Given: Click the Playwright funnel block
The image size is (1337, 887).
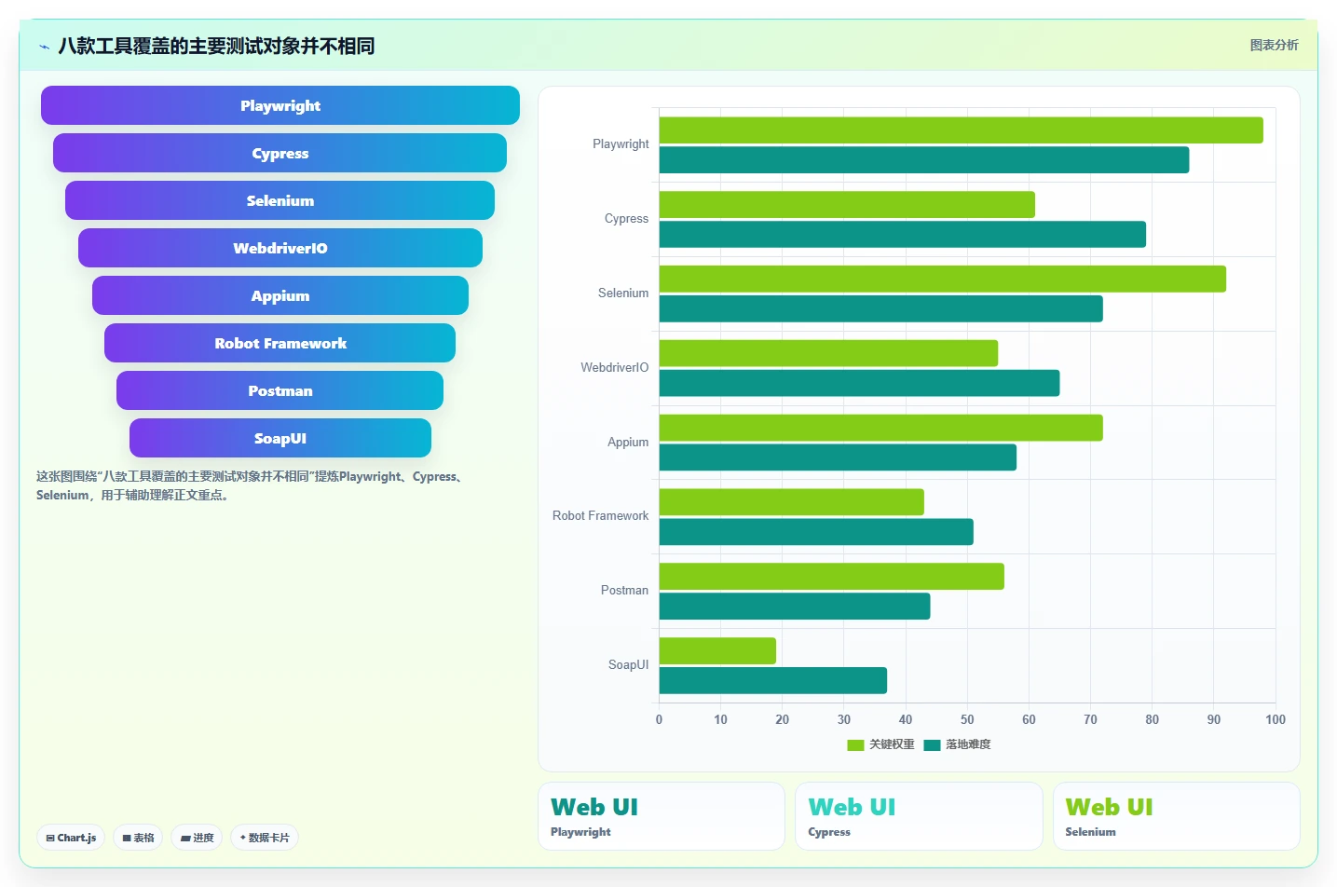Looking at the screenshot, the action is [280, 105].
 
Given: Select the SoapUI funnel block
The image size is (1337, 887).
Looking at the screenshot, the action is [280, 438].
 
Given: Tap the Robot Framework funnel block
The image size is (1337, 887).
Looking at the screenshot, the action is [280, 343].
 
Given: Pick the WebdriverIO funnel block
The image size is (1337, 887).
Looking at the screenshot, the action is [280, 248].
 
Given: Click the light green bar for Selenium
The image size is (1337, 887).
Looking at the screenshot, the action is [943, 279].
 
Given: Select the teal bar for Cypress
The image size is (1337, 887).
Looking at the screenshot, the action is [903, 234].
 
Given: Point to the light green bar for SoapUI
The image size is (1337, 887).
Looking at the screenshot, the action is [717, 650].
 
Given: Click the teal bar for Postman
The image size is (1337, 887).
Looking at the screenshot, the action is [795, 606].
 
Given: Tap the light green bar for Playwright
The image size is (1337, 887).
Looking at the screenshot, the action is [961, 130].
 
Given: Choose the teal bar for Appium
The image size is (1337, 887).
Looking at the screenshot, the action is [838, 457].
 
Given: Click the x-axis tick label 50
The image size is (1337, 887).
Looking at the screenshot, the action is [967, 719].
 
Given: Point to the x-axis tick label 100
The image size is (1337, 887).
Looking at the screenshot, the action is [1276, 719].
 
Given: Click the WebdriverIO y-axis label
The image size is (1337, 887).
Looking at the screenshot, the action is [614, 367].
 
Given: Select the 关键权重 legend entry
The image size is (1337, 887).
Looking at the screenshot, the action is [880, 744].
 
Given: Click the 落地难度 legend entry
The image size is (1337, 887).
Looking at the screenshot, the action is [957, 744].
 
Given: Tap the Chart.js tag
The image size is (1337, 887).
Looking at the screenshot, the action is [71, 838].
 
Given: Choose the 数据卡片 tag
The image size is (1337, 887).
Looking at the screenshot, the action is [265, 838].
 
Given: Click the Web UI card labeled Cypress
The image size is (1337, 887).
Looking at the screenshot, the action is [919, 816].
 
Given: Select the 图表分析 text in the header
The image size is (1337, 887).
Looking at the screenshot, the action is [1274, 45].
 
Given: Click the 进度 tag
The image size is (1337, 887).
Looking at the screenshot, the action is [197, 838].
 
